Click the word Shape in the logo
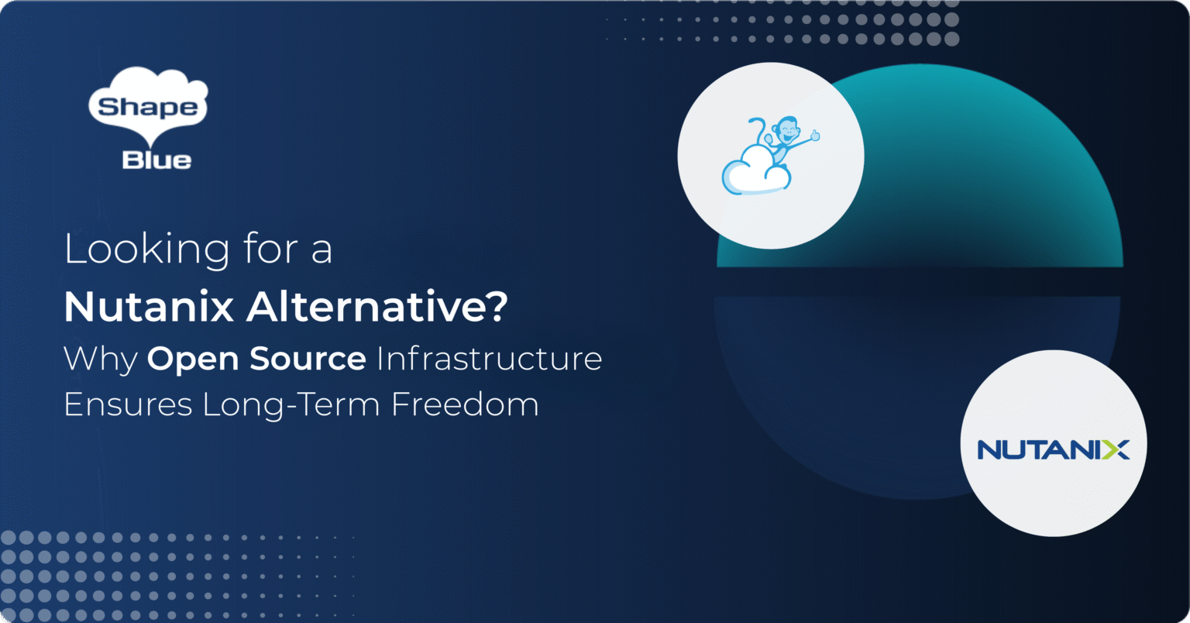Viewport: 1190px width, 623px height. pyautogui.click(x=147, y=107)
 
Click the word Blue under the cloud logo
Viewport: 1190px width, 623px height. pyautogui.click(x=156, y=160)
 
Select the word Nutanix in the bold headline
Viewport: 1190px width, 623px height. pyautogui.click(x=149, y=308)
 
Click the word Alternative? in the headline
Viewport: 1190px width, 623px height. pyautogui.click(x=377, y=308)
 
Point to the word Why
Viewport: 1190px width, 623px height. pyautogui.click(x=100, y=360)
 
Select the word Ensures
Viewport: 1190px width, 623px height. pyautogui.click(x=127, y=404)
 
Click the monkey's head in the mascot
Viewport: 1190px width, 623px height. pyautogui.click(x=787, y=128)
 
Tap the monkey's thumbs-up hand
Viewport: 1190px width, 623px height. pyautogui.click(x=813, y=137)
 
